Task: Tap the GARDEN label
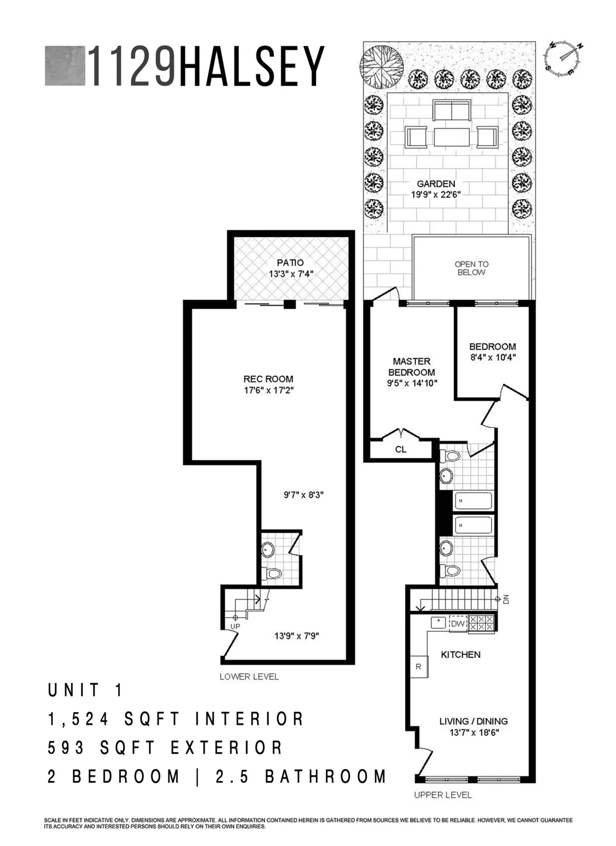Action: (436, 184)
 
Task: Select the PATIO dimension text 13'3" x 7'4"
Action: (291, 274)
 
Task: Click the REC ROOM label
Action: (268, 379)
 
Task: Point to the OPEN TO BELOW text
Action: (471, 268)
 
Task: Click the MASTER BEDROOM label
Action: (412, 367)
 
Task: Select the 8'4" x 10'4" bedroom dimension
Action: (492, 358)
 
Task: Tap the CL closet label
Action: (401, 449)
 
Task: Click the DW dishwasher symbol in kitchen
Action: (457, 624)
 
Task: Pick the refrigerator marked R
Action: (418, 667)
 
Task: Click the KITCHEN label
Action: (460, 655)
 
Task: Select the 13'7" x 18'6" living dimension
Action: (473, 733)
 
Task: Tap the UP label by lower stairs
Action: (235, 627)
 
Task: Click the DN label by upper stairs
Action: (506, 599)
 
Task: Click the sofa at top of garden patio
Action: (451, 110)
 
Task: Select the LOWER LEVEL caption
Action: (249, 677)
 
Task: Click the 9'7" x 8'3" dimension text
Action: (303, 495)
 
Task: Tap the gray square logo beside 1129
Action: (65, 66)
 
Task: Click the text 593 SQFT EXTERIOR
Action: (165, 748)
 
